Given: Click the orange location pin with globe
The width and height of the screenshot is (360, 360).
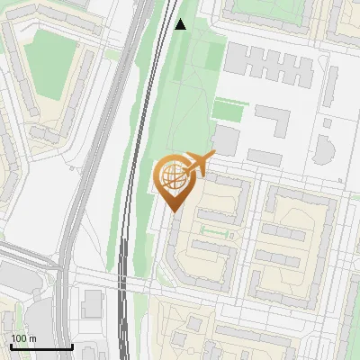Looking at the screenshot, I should pyautogui.click(x=175, y=180).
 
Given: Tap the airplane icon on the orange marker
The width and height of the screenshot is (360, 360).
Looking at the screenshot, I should pyautogui.click(x=199, y=164).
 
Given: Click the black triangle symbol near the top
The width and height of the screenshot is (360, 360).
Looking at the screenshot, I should pyautogui.click(x=180, y=24).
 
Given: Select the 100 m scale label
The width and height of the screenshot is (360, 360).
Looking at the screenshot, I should pyautogui.click(x=24, y=338).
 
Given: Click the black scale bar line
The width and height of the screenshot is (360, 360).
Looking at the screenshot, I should pyautogui.click(x=41, y=346).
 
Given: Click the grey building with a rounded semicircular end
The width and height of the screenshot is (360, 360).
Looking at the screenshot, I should pyautogui.click(x=323, y=148).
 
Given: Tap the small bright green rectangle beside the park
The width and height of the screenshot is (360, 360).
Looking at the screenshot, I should pyautogui.click(x=228, y=111).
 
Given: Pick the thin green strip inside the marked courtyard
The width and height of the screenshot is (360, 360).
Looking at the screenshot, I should pyautogui.click(x=216, y=233).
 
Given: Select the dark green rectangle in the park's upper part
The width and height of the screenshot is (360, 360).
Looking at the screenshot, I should pyautogui.click(x=213, y=55).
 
